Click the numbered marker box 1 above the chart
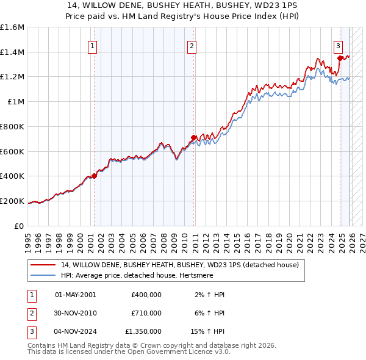tap(92, 46)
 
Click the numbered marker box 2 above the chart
tap(192, 46)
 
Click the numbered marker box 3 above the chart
tap(337, 46)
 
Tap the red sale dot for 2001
tap(94, 176)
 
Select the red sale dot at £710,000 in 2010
tap(194, 138)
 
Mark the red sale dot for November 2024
tap(340, 59)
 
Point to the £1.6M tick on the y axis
tap(13, 27)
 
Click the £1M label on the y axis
tap(16, 102)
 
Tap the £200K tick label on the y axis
tap(13, 201)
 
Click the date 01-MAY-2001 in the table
tap(76, 295)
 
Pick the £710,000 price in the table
tap(146, 313)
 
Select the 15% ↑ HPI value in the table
tap(208, 331)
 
